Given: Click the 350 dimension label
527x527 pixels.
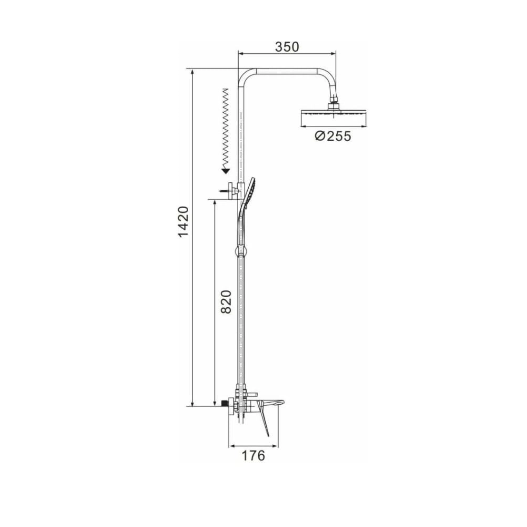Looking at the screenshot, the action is (x=287, y=47).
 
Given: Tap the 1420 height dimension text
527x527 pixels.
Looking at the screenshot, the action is (x=183, y=222).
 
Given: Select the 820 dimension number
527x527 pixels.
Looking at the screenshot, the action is (x=226, y=302).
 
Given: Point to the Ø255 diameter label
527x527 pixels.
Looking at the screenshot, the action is (x=333, y=136).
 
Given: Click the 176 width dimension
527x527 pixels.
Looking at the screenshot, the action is (x=253, y=455).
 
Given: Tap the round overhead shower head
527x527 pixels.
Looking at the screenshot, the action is (x=333, y=114).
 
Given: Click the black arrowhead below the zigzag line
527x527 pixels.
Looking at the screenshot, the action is (x=226, y=171).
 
